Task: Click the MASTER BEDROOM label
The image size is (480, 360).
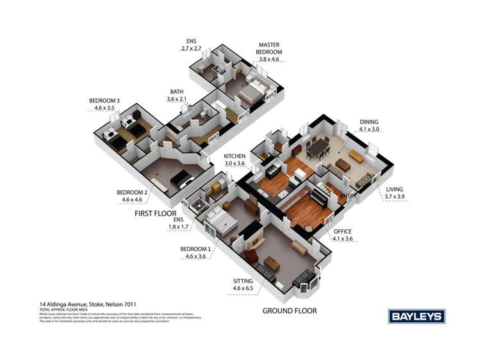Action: click(x=270, y=48)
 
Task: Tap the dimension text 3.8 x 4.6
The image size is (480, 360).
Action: click(x=270, y=59)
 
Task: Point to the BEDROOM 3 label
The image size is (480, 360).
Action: click(x=104, y=101)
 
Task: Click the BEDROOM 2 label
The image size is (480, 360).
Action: click(x=132, y=192)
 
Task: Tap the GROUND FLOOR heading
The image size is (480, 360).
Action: click(x=290, y=311)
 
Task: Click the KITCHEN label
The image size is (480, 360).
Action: click(x=235, y=156)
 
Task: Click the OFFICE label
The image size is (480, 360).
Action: click(x=343, y=231)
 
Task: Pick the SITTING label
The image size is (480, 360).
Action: click(x=243, y=281)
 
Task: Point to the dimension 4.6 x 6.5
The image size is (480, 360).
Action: click(x=244, y=290)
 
